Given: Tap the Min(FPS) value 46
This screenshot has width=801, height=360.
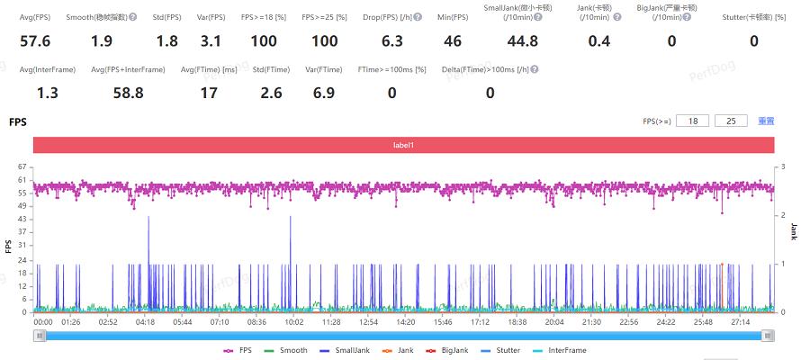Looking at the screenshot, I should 452,41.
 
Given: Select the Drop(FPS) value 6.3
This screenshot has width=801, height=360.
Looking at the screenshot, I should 391,41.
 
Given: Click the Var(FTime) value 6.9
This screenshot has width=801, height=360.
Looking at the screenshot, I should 324,93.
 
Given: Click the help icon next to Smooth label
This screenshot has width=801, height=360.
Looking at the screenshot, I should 133,17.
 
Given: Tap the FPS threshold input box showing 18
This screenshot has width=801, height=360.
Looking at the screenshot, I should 693,121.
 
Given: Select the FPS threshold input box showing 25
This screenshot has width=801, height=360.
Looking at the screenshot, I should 731,121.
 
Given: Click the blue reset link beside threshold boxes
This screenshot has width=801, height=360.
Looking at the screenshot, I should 766,121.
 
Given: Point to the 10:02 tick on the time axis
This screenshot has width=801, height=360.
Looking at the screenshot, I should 293,321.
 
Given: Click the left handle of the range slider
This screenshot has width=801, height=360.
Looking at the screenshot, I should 39,335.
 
